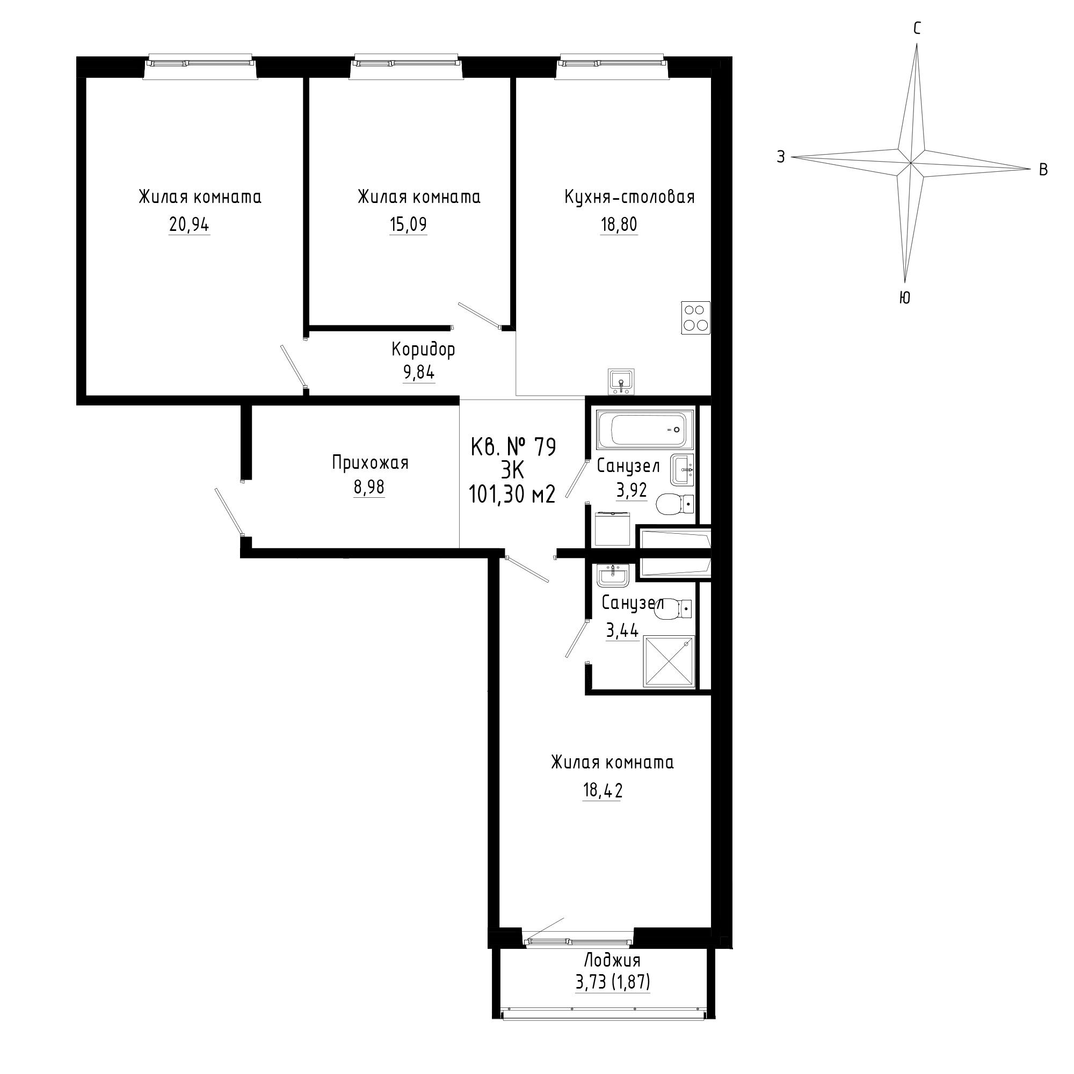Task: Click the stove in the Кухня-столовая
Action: pos(695,317)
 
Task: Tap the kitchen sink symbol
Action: pos(621,382)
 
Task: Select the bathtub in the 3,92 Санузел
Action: pos(645,430)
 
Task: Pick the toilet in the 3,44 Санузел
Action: pos(675,609)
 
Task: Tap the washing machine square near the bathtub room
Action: pos(614,528)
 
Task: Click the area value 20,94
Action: pos(189,225)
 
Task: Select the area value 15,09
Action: pos(408,225)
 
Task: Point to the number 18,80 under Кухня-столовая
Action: pos(619,225)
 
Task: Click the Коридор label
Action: pos(423,350)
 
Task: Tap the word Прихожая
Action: pos(370,462)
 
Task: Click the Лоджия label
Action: pos(612,960)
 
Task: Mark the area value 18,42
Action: pos(602,790)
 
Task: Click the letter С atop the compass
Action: pos(917,29)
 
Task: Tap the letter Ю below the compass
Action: pos(904,298)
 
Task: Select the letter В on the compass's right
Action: pos(1043,170)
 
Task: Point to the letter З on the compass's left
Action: pos(781,157)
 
